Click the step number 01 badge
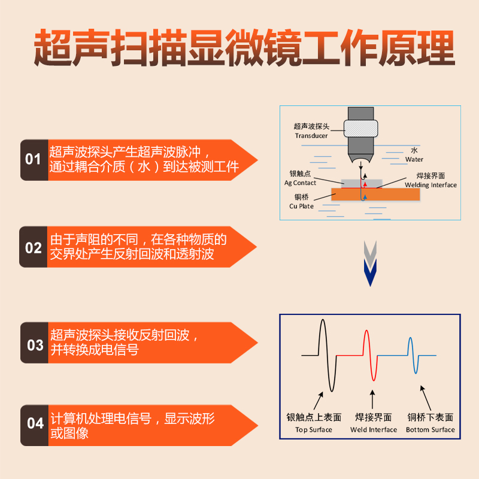(x=34, y=160)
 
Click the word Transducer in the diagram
(x=311, y=136)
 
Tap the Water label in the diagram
(x=414, y=159)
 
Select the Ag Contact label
(x=300, y=183)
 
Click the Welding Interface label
(x=430, y=185)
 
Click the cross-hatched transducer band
(x=361, y=126)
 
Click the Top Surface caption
(x=314, y=429)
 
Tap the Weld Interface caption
(x=374, y=429)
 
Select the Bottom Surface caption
(x=430, y=429)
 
